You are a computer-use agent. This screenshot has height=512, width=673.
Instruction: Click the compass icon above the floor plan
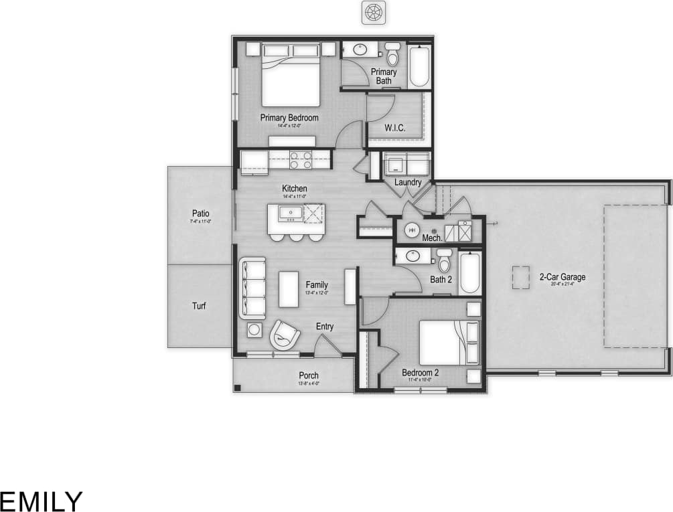point(373,12)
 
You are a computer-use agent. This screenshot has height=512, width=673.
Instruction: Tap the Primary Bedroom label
point(289,117)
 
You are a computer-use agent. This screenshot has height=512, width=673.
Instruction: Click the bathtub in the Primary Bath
point(420,66)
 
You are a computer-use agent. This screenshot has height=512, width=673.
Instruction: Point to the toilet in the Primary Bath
point(393,55)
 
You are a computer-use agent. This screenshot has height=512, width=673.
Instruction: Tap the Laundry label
point(408,182)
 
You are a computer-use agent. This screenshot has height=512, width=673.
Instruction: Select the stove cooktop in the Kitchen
point(301,159)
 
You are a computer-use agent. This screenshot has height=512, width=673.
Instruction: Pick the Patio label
point(200,214)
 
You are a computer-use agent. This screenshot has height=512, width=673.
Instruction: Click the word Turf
point(199,307)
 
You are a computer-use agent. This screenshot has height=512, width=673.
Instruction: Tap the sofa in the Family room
point(252,288)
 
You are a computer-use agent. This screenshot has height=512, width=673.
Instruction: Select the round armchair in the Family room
point(286,334)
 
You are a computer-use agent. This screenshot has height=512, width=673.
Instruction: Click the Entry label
point(325,327)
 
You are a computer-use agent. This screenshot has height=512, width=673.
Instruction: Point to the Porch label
point(309,375)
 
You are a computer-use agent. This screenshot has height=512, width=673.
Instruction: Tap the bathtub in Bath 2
point(470,272)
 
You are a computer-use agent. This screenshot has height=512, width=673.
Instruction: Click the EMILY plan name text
point(42,501)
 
